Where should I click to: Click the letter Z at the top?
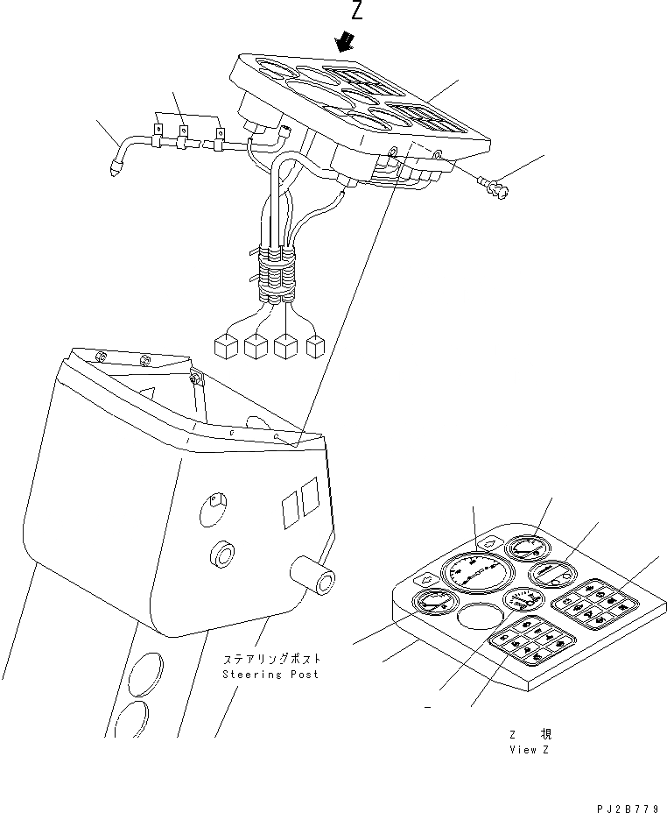pos(356,11)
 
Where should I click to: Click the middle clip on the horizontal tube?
pos(184,134)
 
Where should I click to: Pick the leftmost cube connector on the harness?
pos(227,347)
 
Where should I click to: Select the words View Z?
pos(530,750)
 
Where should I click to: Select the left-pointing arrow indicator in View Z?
pos(428,579)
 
